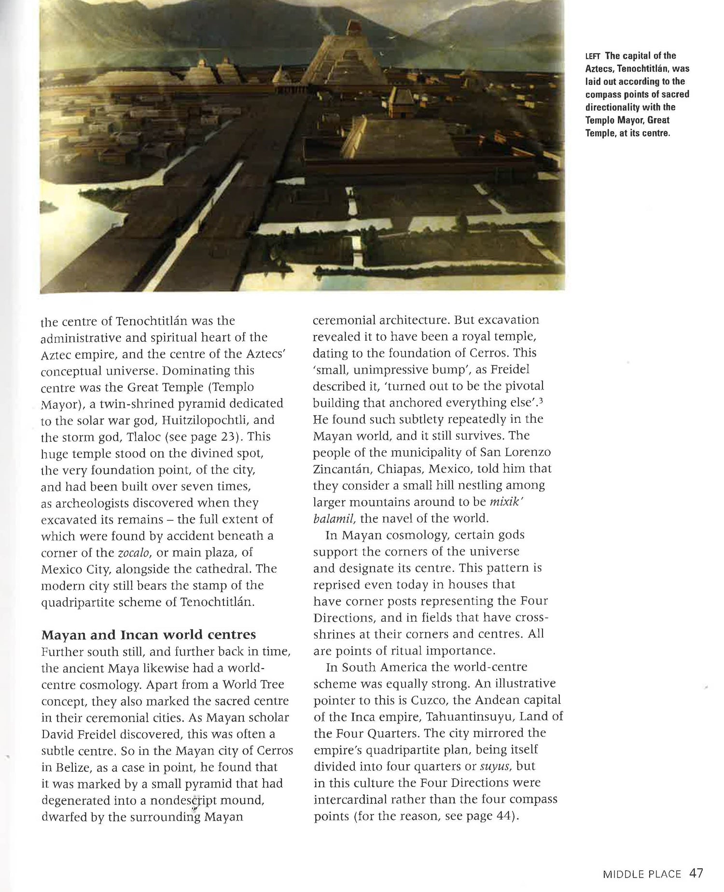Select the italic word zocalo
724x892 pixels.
132,552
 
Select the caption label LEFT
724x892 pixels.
593,56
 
